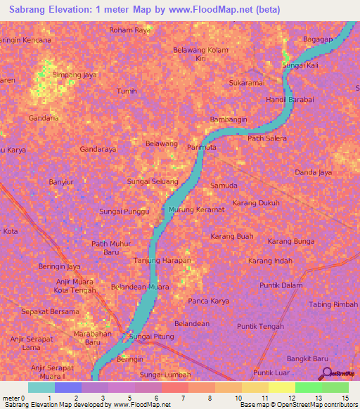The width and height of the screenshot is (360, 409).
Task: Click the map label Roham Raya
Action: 130,30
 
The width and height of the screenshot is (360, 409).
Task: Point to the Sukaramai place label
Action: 245,83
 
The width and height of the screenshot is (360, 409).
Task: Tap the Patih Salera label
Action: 267,138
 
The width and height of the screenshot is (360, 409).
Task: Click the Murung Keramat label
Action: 196,209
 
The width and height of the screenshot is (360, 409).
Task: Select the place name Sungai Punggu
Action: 124,212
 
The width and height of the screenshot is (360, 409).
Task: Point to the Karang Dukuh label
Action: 256,203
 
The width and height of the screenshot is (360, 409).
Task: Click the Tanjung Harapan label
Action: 162,261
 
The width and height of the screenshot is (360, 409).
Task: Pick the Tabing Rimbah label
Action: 333,304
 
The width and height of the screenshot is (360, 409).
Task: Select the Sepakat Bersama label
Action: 50,311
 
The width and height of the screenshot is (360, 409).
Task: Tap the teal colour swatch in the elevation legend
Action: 41,387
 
